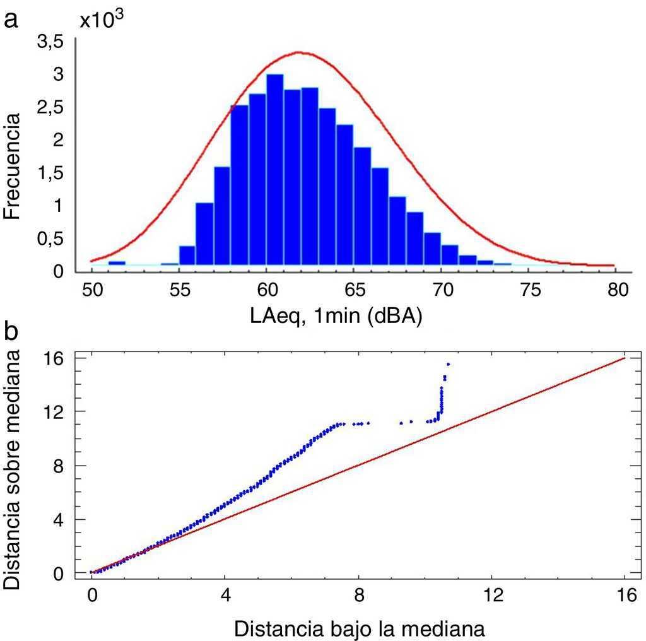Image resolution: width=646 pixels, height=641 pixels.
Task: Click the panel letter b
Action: [11, 331]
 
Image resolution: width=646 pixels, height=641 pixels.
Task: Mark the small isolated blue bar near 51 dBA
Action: [117, 262]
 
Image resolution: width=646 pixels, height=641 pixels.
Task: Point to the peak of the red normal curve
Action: [300, 52]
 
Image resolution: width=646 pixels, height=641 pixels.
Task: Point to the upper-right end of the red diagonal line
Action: [624, 358]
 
